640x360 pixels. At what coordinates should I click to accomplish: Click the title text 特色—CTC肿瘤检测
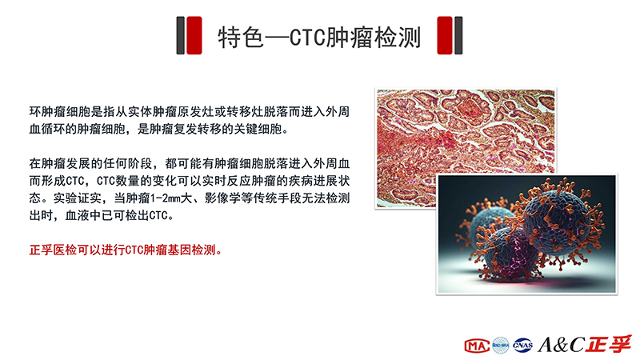coord(319,37)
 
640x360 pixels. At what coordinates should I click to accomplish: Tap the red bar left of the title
coord(194,35)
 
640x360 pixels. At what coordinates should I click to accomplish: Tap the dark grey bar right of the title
coord(458,35)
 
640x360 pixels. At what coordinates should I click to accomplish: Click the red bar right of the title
coord(445,35)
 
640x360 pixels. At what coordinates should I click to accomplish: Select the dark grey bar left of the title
coord(180,35)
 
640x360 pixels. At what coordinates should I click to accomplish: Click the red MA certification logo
coord(477,346)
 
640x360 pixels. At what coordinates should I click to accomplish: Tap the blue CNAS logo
coord(523,346)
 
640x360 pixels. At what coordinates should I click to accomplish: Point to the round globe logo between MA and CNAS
coord(501,346)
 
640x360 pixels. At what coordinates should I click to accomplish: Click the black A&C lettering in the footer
coord(562,345)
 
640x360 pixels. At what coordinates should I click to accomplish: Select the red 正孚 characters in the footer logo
coord(609,344)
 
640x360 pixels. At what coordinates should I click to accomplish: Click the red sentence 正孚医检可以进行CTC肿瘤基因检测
coord(126,250)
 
